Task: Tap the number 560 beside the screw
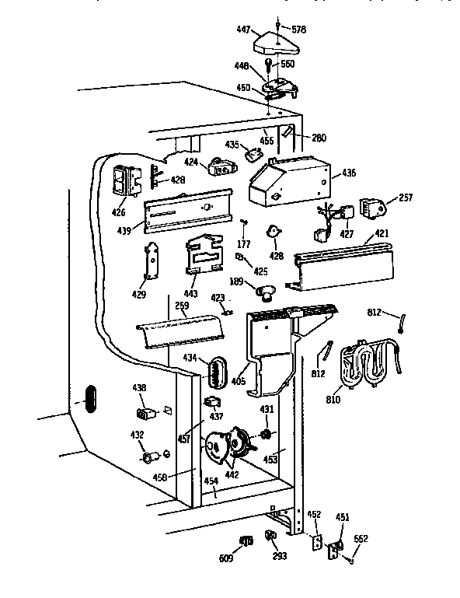(x=287, y=64)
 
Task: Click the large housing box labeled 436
(x=287, y=184)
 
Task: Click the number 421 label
(x=380, y=233)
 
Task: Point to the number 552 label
(x=361, y=537)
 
